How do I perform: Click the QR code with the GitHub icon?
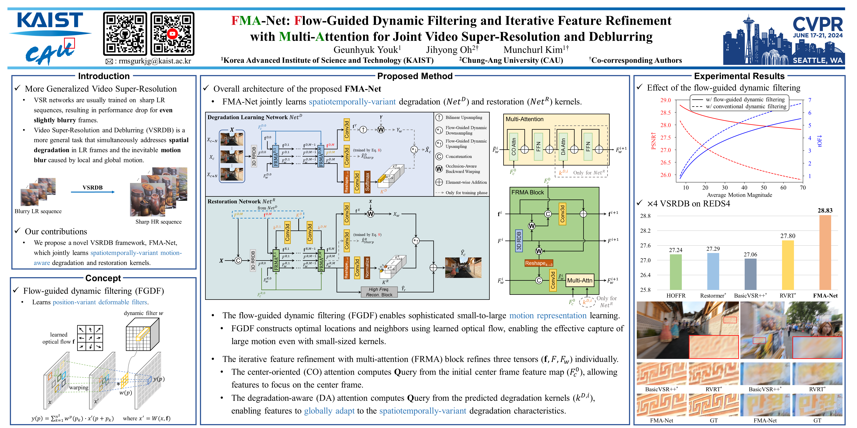click(125, 34)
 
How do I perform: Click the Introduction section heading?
click(104, 76)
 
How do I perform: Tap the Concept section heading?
click(103, 278)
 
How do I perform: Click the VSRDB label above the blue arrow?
click(92, 187)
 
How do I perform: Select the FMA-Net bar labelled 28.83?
click(825, 253)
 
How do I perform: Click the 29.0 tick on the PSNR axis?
click(665, 100)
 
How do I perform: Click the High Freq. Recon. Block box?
click(379, 292)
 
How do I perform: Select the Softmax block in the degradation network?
click(367, 181)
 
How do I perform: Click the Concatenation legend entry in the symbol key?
click(458, 157)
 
